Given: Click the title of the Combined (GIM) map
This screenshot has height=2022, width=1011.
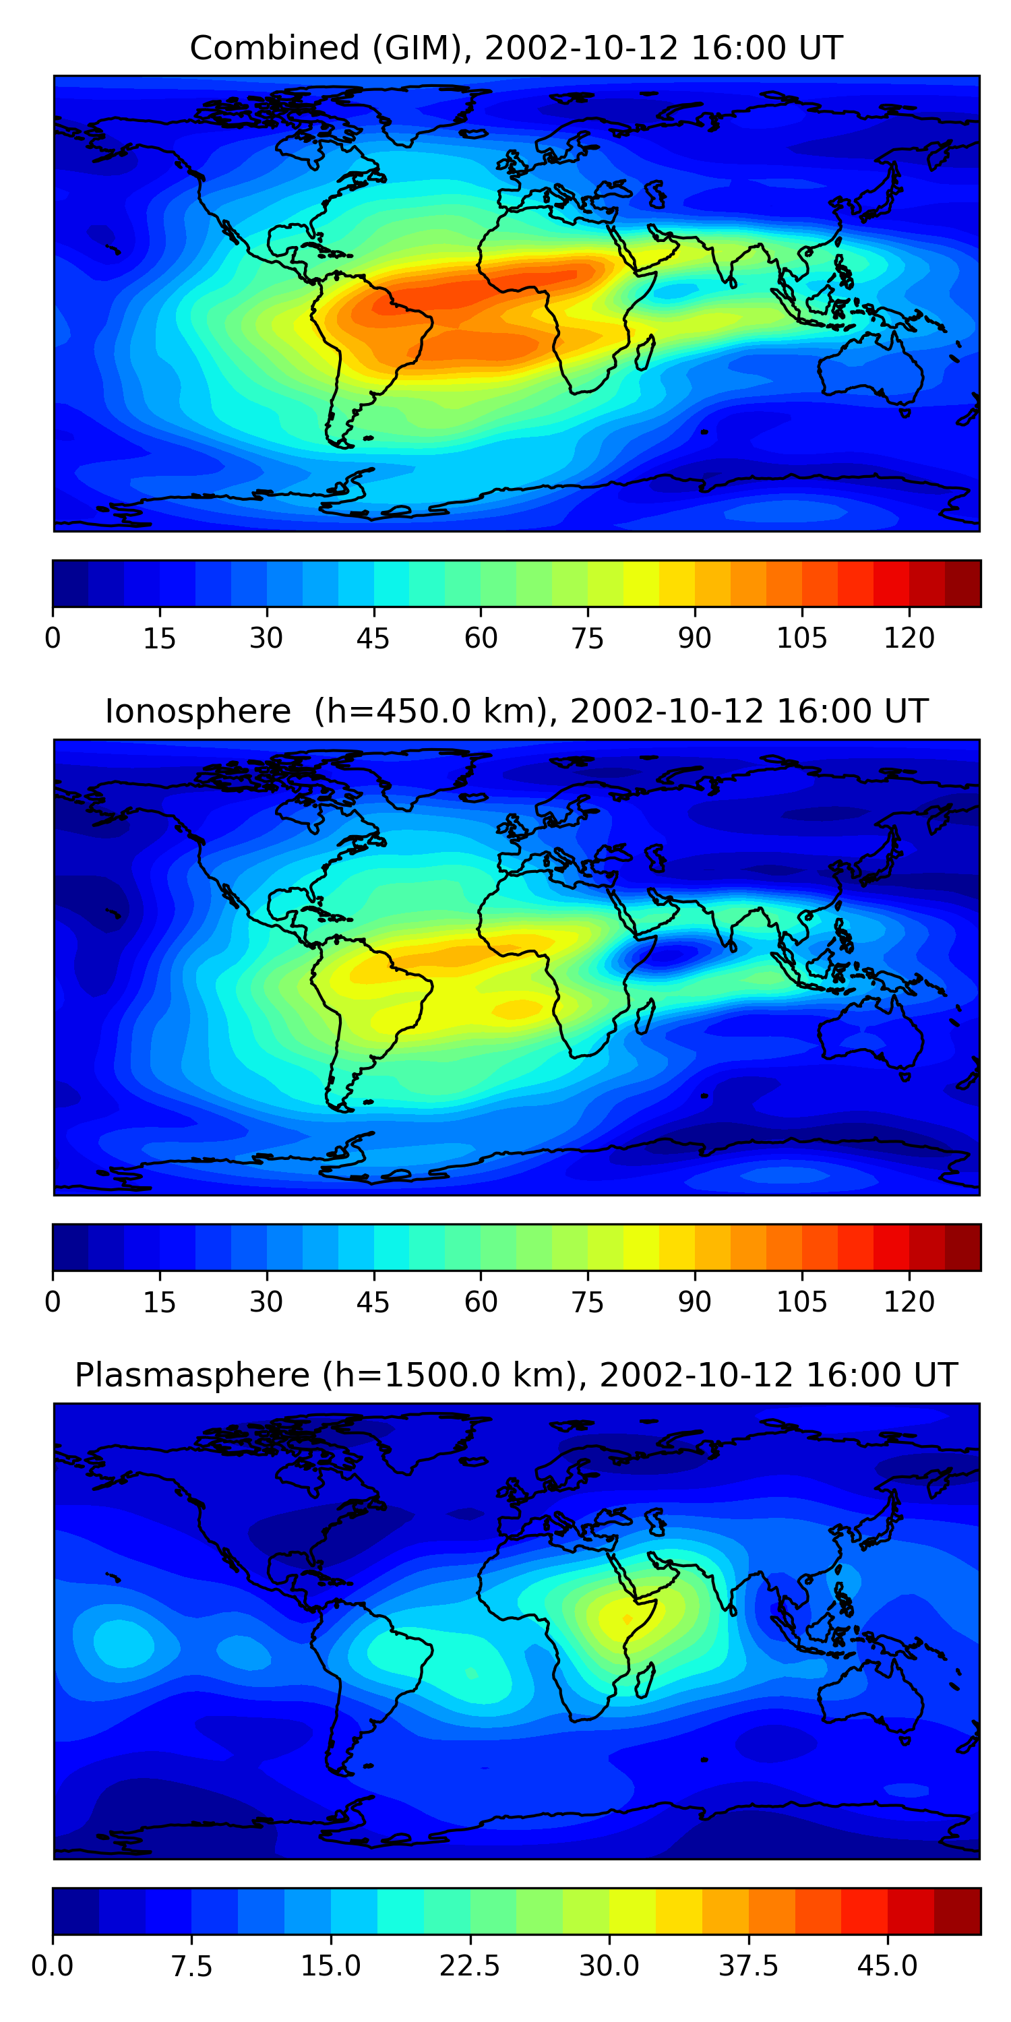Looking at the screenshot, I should [x=516, y=48].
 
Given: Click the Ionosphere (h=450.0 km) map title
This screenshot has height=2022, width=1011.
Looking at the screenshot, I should [x=516, y=711].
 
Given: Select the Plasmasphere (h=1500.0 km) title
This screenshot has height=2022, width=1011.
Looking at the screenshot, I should [x=516, y=1375].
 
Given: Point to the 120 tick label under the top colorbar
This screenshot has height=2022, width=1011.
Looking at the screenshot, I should [x=909, y=638].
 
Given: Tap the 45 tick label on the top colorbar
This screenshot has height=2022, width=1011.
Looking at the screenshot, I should [x=373, y=638].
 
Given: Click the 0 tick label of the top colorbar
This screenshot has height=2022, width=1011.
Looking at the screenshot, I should [x=53, y=638].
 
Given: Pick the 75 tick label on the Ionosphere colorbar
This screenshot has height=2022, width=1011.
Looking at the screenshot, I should [x=587, y=1302].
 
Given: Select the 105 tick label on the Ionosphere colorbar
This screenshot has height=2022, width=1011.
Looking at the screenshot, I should [x=801, y=1302].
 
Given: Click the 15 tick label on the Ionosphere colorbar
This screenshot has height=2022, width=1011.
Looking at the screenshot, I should [x=159, y=1302].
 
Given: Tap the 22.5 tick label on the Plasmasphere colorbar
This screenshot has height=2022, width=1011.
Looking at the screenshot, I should [x=469, y=1966].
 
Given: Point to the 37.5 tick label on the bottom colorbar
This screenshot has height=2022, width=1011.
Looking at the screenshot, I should [x=748, y=1966].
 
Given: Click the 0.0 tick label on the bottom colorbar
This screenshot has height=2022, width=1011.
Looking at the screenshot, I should [x=53, y=1966].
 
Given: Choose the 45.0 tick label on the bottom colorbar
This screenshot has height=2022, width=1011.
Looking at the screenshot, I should [x=887, y=1966].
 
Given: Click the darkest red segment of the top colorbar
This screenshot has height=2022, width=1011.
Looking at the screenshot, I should [x=962, y=583].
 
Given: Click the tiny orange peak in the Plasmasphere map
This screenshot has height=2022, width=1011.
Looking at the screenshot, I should [x=626, y=1618].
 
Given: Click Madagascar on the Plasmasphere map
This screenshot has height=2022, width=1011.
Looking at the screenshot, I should [x=644, y=1680].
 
